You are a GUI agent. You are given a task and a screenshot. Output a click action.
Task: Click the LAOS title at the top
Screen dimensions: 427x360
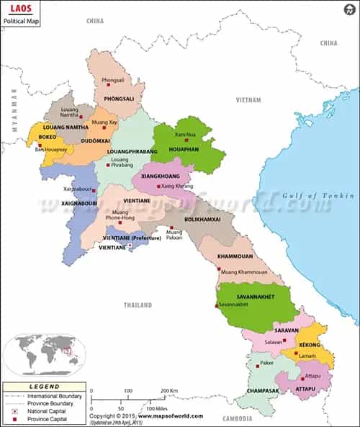tap(15, 11)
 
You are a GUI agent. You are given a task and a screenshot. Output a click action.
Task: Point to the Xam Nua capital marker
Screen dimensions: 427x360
tap(186, 140)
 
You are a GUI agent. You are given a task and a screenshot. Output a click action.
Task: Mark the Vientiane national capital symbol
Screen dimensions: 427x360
tap(130, 247)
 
